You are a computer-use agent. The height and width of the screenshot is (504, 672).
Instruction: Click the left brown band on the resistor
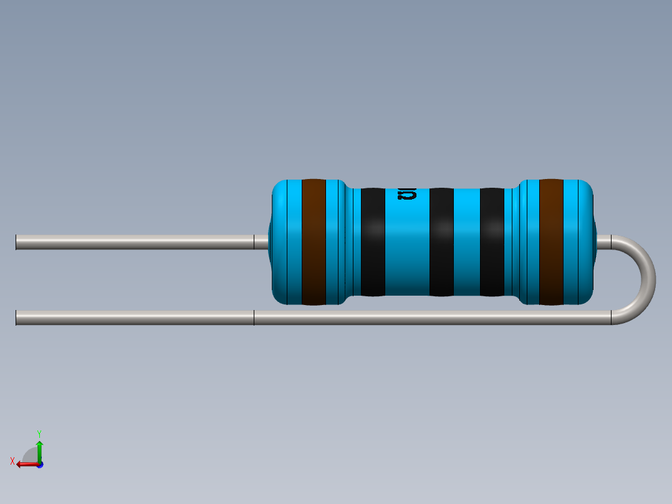tap(314, 242)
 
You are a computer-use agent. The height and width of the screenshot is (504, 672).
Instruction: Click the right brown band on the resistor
tap(551, 242)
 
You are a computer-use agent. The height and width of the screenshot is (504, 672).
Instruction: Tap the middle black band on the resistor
tap(441, 242)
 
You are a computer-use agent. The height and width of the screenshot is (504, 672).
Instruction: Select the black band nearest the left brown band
tap(373, 242)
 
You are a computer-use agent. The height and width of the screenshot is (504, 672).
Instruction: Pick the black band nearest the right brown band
tap(492, 242)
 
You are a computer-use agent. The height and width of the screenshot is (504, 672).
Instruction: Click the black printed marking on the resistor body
tap(406, 194)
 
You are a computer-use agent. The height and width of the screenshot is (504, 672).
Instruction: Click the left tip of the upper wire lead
tap(17, 242)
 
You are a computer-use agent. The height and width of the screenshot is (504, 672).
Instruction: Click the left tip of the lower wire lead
tap(17, 318)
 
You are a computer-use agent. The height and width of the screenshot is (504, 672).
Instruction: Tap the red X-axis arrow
tap(25, 463)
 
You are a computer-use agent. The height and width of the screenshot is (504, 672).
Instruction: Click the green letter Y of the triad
tap(39, 433)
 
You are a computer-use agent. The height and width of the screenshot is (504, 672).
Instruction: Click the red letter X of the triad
tap(12, 461)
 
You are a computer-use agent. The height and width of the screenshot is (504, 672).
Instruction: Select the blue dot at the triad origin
tap(39, 464)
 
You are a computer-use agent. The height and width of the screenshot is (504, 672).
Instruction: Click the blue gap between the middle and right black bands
tap(466, 242)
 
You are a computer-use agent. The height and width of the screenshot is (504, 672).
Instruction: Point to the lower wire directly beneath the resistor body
tap(430, 318)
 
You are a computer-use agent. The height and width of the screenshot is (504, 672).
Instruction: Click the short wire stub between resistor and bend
tap(603, 242)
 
